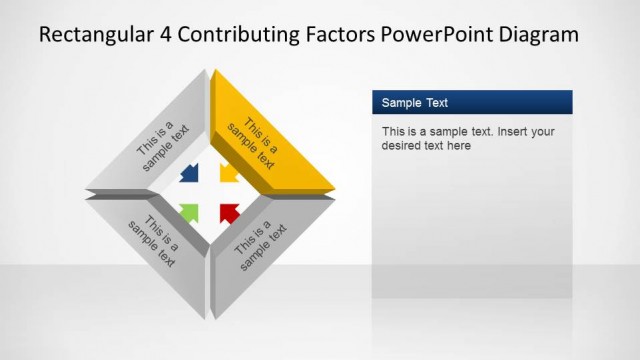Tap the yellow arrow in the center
pyautogui.click(x=228, y=172)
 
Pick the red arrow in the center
pyautogui.click(x=229, y=211)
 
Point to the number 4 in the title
pyautogui.click(x=165, y=35)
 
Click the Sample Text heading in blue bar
pyautogui.click(x=415, y=102)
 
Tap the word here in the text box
pyautogui.click(x=459, y=146)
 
